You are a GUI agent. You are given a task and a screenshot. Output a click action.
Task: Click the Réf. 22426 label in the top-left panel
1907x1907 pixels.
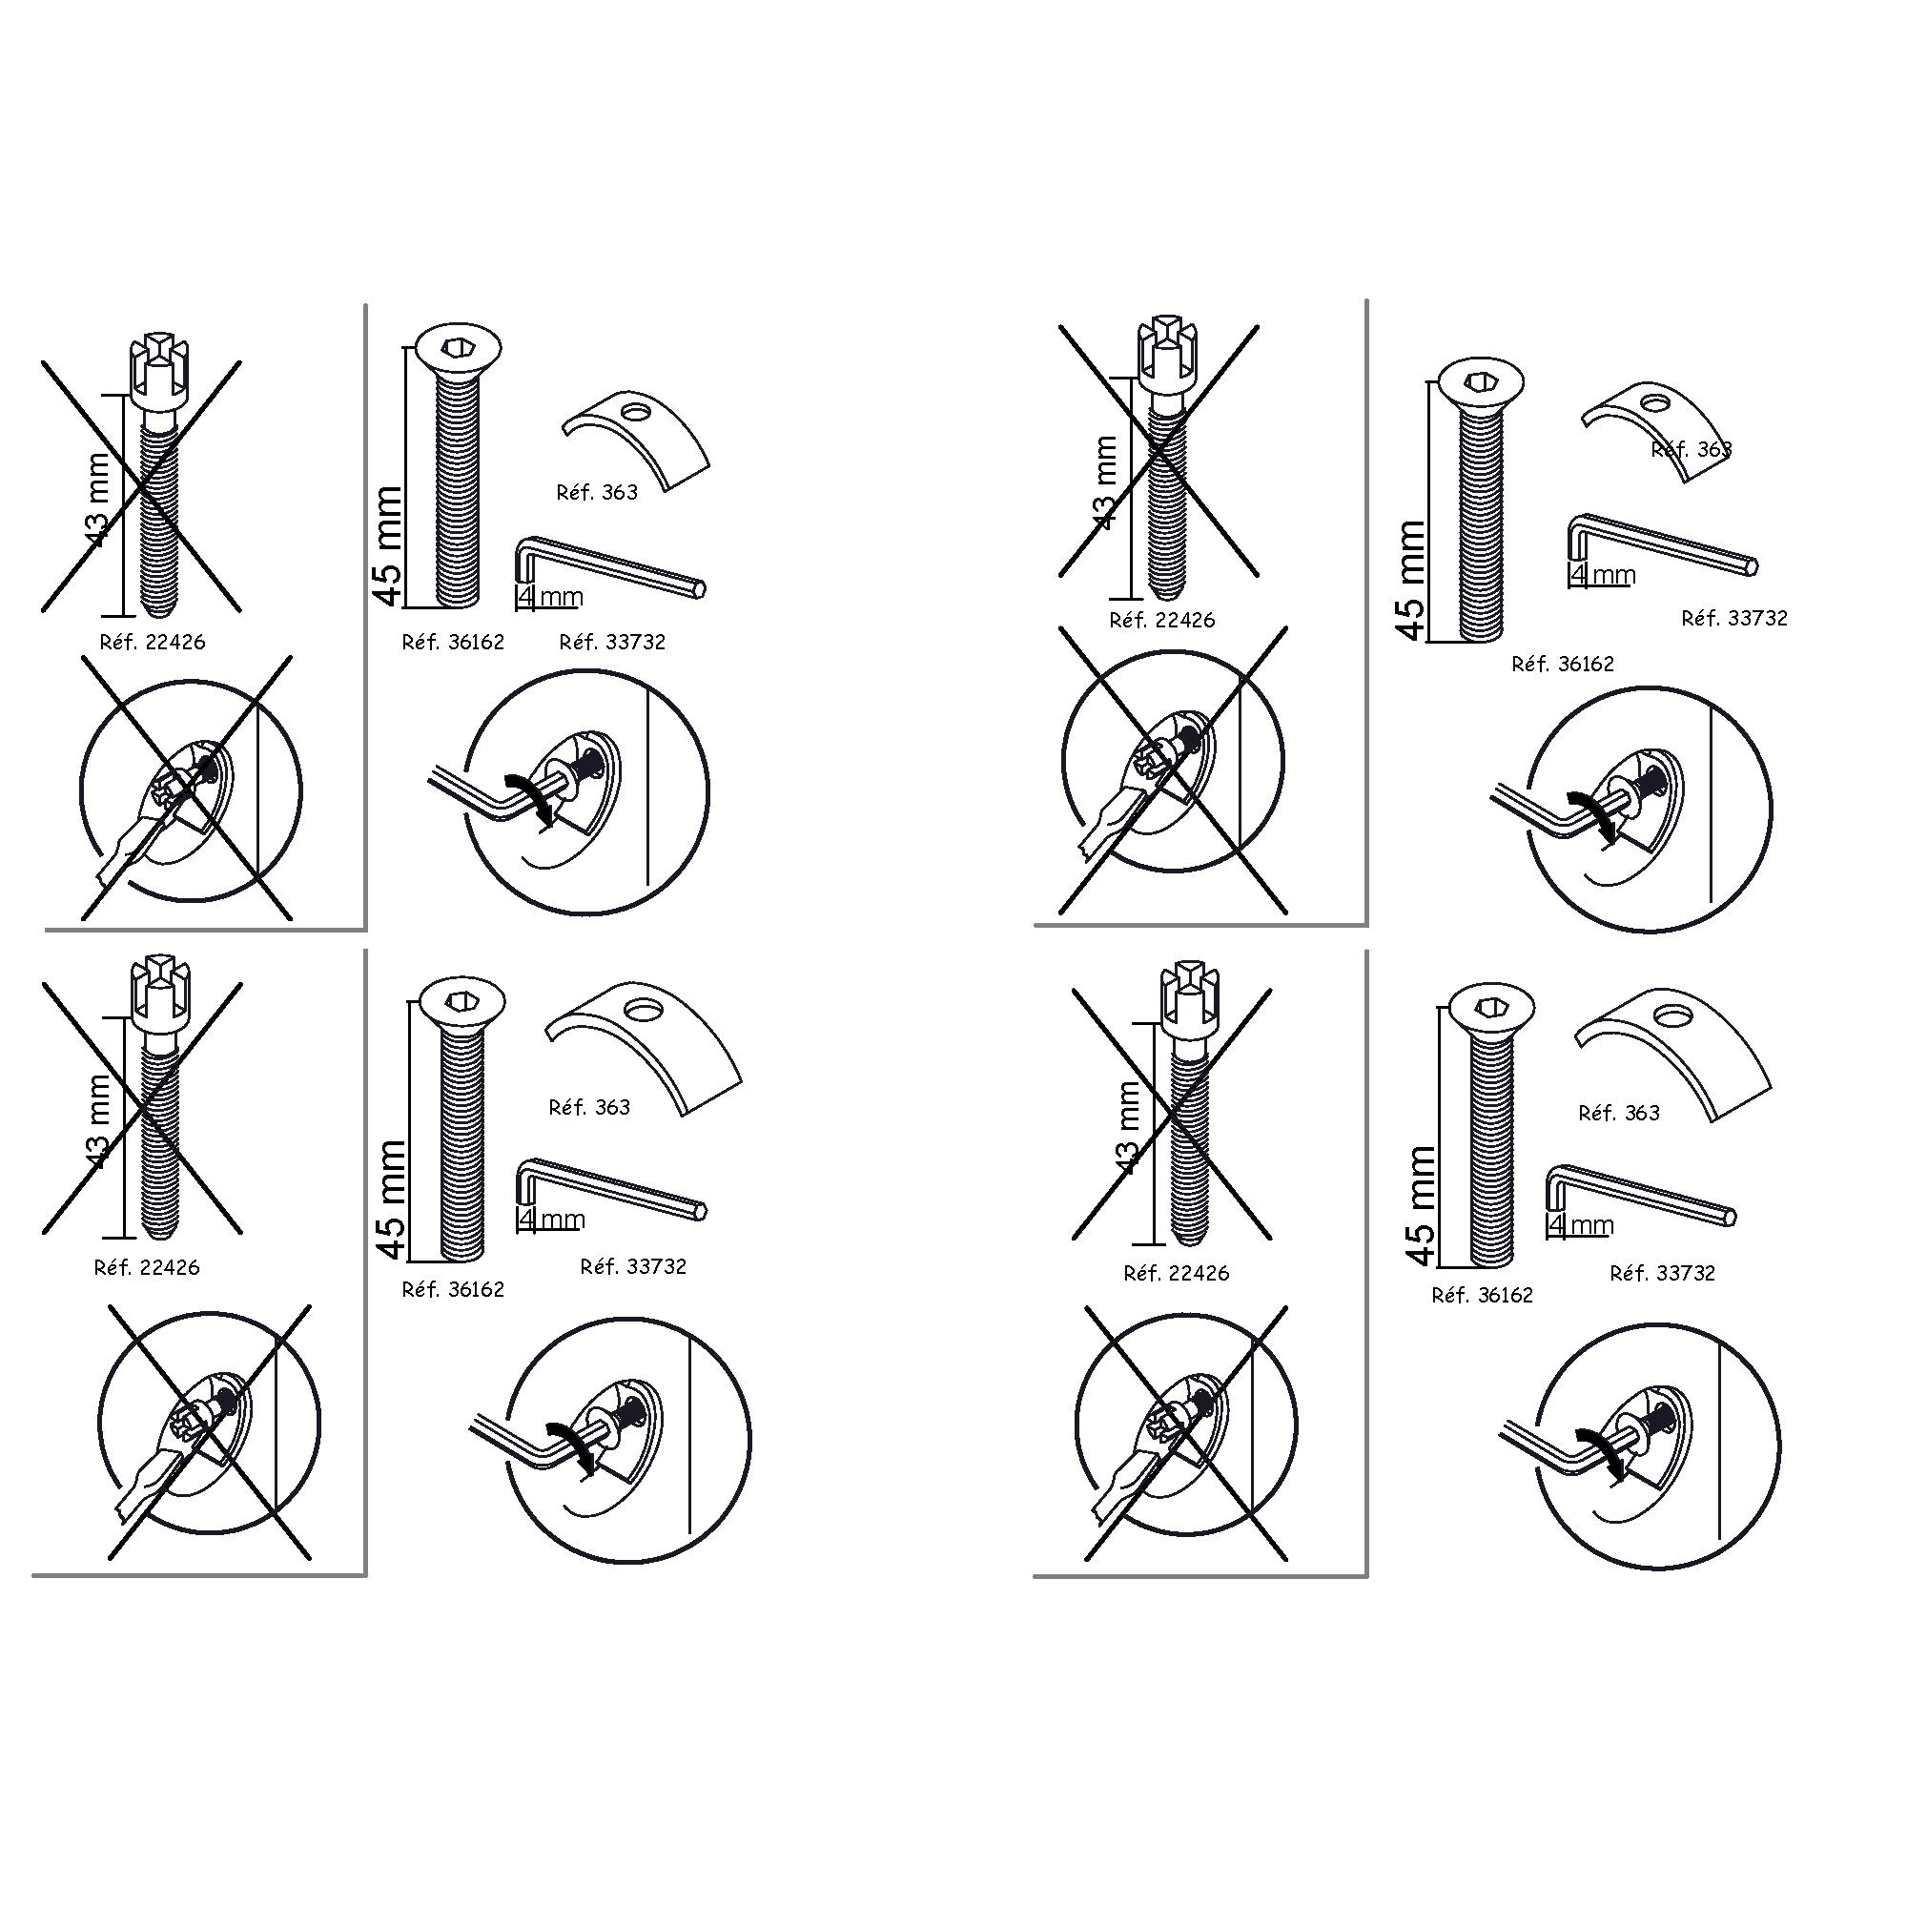153,643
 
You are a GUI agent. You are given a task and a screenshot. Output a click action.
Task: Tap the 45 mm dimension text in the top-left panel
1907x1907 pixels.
390,544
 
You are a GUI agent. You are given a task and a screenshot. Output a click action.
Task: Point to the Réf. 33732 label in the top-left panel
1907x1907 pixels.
612,643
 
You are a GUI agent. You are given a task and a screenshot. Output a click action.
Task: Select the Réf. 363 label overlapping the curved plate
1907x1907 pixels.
1692,450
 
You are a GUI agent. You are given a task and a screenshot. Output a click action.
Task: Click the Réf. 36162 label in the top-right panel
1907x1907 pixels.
1564,665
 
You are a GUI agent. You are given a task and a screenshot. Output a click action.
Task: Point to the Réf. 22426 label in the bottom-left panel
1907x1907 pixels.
147,1267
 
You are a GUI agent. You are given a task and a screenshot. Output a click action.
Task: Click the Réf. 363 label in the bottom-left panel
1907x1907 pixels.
589,1107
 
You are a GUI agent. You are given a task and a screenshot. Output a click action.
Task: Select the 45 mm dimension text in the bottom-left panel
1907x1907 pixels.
393,1200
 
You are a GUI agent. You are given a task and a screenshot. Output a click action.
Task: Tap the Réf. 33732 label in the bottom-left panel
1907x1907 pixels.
633,1266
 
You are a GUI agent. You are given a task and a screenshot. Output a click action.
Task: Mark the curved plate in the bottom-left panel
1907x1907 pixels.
644,1049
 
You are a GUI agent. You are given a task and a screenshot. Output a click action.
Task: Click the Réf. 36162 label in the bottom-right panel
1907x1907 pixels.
1483,1295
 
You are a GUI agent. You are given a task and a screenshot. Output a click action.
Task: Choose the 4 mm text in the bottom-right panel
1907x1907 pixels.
1580,1225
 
